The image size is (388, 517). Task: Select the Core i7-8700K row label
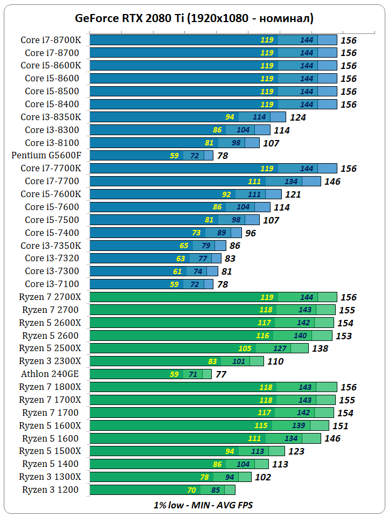coord(51,40)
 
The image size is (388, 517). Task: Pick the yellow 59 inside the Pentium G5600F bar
coord(174,156)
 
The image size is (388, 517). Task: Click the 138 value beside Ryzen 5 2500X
coord(320,348)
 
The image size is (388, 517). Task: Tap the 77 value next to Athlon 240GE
coord(221,374)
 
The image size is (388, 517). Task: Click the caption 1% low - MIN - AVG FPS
coord(203,505)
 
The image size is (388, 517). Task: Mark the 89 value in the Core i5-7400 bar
coord(221,233)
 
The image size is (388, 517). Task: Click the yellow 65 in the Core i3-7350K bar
coord(184,246)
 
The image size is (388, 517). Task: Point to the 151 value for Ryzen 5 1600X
coord(340,426)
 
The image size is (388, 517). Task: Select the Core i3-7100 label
coord(52,284)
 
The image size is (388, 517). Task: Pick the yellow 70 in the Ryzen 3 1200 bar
coord(191,490)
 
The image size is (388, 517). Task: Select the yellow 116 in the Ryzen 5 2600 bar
coord(262,336)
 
